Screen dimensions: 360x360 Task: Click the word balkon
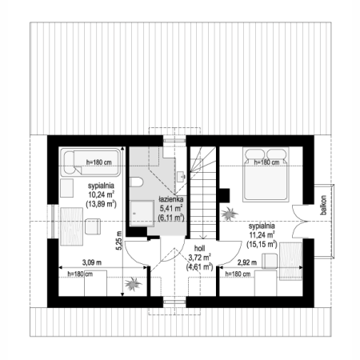point(323,205)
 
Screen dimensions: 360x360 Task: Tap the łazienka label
point(170,199)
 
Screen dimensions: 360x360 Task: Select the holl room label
point(199,249)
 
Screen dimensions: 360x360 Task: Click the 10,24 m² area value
point(102,194)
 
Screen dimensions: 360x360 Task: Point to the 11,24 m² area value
point(262,234)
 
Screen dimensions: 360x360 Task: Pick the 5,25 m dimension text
point(119,241)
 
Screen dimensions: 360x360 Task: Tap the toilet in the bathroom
point(137,182)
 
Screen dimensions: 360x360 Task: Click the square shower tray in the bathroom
point(142,214)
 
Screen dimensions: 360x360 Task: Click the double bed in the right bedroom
point(266,174)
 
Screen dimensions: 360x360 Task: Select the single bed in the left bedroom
point(90,162)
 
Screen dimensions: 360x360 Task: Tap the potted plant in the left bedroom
point(133,284)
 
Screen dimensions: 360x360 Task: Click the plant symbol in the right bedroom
point(230,214)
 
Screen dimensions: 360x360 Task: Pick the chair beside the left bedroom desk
point(93,226)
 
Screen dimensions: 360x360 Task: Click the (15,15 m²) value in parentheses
point(262,244)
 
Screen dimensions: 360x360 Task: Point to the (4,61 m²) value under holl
point(199,266)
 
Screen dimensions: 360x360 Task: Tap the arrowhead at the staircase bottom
point(203,237)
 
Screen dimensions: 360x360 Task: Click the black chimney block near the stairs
point(224,195)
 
